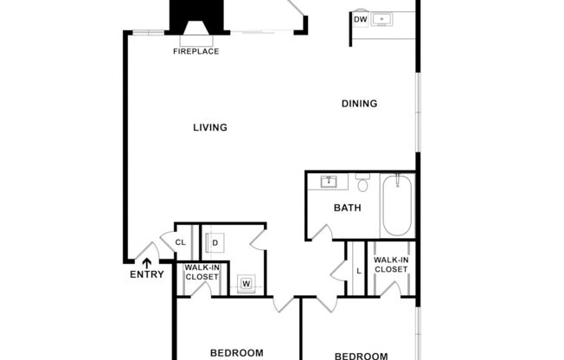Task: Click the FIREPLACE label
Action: pos(195,51)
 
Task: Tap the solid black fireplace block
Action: pos(195,16)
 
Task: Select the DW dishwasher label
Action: pos(361,19)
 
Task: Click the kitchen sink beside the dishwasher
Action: pos(381,18)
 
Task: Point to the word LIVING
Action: pos(210,127)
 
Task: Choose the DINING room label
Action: pos(359,104)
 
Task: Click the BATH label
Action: pos(347,208)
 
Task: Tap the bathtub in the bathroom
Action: pos(398,205)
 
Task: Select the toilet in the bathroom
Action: pos(362,183)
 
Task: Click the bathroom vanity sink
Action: pos(330,182)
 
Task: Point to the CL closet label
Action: pos(182,242)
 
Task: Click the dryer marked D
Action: pos(215,242)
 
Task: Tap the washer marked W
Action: pos(246,283)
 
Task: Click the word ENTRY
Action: pos(146,275)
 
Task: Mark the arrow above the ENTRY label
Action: pos(146,262)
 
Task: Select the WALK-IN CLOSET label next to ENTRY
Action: pos(202,273)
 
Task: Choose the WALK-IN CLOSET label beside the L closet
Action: pos(390,265)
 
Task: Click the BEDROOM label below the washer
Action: pos(236,352)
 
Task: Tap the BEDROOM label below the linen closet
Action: pos(361,355)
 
